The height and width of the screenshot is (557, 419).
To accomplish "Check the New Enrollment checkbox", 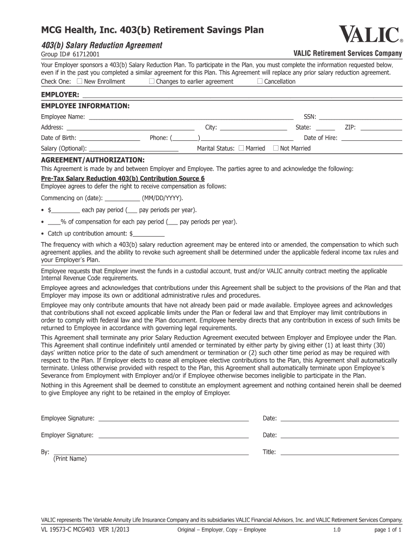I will tap(80, 82).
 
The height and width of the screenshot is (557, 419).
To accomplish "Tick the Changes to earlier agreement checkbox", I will tap(152, 82).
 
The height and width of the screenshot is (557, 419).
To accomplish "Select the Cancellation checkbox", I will tap(260, 82).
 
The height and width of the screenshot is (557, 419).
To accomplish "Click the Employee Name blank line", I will tap(190, 117).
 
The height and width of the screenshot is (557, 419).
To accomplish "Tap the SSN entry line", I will tap(360, 117).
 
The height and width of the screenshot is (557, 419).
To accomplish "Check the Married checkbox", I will tap(242, 148).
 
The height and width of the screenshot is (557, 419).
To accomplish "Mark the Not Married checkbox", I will tap(276, 148).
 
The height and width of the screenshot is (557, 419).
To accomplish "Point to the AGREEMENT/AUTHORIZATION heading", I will tap(93, 160).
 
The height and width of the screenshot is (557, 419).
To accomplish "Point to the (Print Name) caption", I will tap(70, 459).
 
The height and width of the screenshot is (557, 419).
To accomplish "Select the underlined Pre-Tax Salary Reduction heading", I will tap(123, 178).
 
